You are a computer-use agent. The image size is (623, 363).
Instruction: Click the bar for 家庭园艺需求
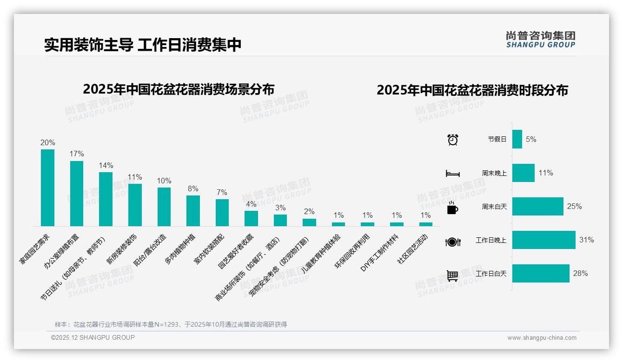[x=47, y=188]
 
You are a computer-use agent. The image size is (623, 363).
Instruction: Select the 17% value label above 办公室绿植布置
[x=77, y=154]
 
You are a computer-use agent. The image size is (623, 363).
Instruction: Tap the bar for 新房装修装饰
[x=135, y=205]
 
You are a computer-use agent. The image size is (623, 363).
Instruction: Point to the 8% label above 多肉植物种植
[x=193, y=188]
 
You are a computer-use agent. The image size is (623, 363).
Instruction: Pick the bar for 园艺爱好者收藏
[x=251, y=218]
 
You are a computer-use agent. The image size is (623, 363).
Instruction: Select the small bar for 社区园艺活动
[x=425, y=224]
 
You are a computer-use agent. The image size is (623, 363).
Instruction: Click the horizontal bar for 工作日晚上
[x=543, y=240]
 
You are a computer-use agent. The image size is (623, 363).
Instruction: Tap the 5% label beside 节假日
[x=531, y=139]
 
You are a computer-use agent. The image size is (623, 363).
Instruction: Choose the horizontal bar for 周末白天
[x=537, y=206]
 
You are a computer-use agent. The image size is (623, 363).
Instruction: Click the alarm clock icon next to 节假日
[x=452, y=139]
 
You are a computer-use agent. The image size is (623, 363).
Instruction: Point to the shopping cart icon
[x=452, y=276]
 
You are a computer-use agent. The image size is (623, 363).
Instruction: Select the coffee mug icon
[x=452, y=208]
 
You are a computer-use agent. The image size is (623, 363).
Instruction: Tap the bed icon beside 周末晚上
[x=452, y=174]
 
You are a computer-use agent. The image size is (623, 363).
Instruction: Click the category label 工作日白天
[x=490, y=274]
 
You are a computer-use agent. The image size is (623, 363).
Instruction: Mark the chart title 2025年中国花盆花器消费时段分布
[x=472, y=90]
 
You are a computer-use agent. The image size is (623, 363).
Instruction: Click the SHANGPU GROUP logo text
[x=540, y=45]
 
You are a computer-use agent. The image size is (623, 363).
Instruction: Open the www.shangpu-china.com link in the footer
[x=542, y=338]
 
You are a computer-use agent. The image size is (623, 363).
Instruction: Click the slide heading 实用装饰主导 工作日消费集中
[x=143, y=45]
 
